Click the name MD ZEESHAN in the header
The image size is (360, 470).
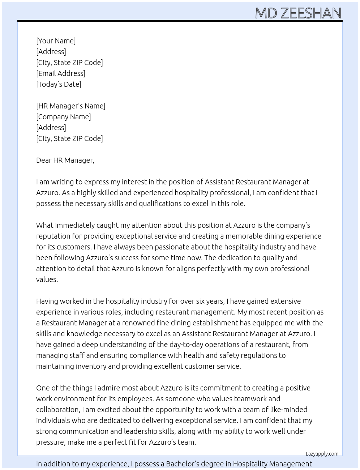point(298,13)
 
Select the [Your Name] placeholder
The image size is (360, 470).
point(56,41)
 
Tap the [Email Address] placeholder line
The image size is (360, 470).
point(61,73)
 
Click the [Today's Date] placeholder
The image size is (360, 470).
point(59,84)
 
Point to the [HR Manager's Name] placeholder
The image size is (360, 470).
point(71,106)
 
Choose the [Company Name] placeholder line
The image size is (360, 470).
point(64,117)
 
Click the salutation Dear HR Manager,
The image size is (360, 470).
point(65,160)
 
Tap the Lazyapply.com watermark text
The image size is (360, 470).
point(322,454)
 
